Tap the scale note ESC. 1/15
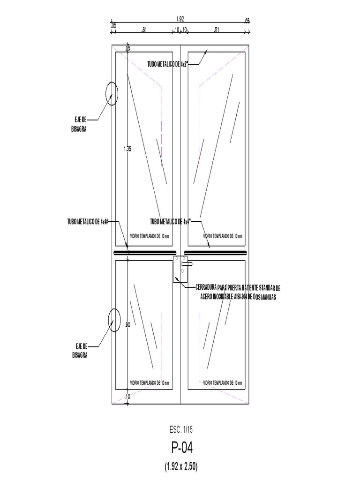coord(180,429)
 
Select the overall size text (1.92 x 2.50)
coord(180,467)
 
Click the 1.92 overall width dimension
coord(180,19)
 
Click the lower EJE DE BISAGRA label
coord(80,351)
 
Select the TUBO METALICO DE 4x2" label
coord(167,64)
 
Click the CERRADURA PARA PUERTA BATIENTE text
coord(238,287)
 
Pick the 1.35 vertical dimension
coord(127,149)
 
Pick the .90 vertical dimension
coord(127,325)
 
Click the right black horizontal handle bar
coord(215,253)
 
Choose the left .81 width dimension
coord(144,30)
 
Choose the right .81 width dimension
coord(216,30)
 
